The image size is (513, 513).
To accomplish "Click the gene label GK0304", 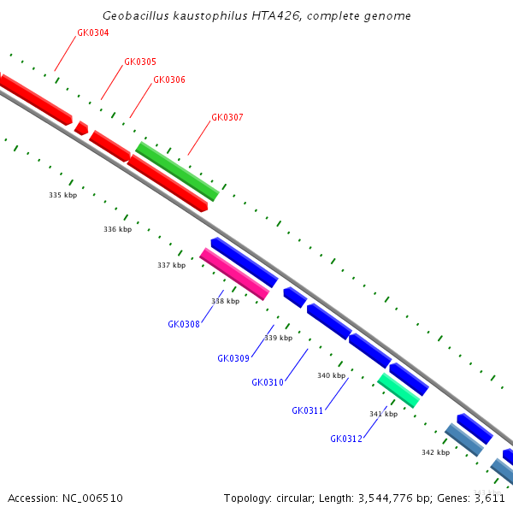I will [92, 32].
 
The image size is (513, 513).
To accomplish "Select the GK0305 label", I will [140, 62].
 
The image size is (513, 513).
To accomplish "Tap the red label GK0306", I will [169, 80].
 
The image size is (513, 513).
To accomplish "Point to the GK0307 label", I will [227, 117].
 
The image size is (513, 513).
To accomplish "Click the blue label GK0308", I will [184, 324].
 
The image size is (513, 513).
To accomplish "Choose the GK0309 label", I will [233, 358].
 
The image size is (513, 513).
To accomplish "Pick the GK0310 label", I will [268, 382].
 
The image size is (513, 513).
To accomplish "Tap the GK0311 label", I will [307, 410].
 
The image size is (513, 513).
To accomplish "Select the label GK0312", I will [346, 439].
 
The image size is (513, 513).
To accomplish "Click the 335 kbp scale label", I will [62, 195].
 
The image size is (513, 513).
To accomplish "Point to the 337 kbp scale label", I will [171, 265].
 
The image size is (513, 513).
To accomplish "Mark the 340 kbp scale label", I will [331, 375].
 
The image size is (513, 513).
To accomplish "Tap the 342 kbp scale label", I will [435, 452].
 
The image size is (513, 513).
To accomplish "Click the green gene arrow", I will [177, 171].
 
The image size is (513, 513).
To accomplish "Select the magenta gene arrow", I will [234, 274].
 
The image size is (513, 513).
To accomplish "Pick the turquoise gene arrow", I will [398, 389].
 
